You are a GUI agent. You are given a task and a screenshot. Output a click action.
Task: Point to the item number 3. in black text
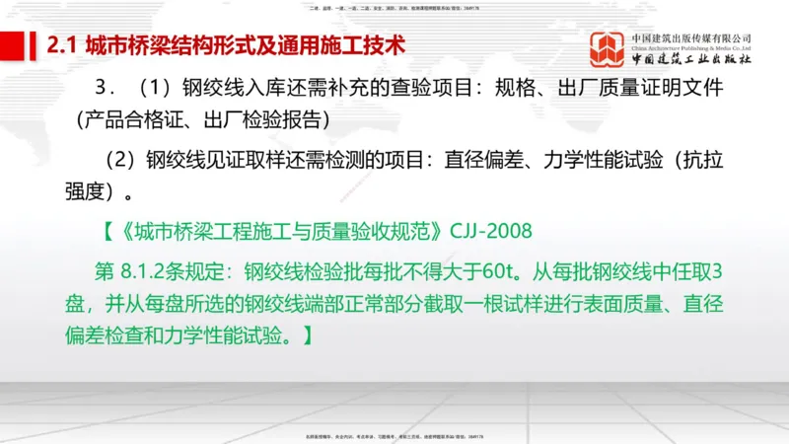click(103, 88)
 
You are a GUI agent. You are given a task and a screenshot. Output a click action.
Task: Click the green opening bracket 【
click(109, 232)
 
